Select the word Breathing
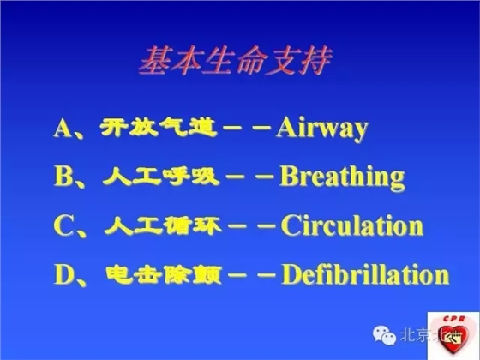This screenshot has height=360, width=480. (x=342, y=177)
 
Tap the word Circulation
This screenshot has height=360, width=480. (x=352, y=226)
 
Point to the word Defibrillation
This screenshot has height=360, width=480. (x=365, y=275)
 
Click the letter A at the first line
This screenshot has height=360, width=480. (x=63, y=129)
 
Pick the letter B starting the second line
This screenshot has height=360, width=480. (x=63, y=178)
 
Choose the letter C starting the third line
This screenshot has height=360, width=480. (x=63, y=227)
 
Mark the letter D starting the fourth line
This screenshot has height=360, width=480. (x=64, y=276)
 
